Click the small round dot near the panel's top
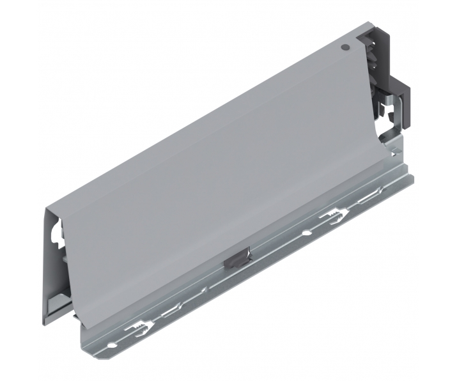tap(345, 47)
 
